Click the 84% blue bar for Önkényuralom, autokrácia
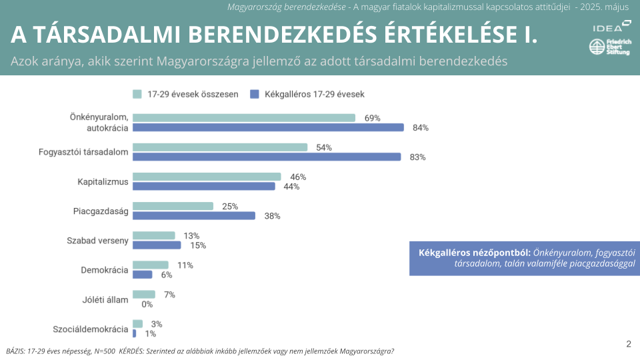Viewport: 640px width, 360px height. pyautogui.click(x=268, y=127)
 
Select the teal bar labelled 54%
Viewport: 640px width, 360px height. pyautogui.click(x=220, y=147)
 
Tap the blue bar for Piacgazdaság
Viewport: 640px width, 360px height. pyautogui.click(x=194, y=216)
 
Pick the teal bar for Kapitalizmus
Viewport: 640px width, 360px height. pyautogui.click(x=207, y=177)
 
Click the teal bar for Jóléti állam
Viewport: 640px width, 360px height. pyautogui.click(x=144, y=294)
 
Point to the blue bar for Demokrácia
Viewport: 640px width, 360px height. pyautogui.click(x=143, y=275)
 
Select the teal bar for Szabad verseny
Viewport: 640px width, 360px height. pyautogui.click(x=154, y=235)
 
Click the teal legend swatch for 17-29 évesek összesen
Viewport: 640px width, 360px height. pyautogui.click(x=137, y=94)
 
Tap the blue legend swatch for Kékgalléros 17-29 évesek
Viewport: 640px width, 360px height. pyautogui.click(x=254, y=94)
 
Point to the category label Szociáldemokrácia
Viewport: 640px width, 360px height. pyautogui.click(x=91, y=329)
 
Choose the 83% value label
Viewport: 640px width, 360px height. pyautogui.click(x=417, y=157)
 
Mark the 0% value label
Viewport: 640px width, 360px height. pyautogui.click(x=147, y=304)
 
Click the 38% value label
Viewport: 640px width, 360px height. pyautogui.click(x=272, y=216)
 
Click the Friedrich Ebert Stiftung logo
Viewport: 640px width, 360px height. pyautogui.click(x=609, y=48)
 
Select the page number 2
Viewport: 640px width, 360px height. pyautogui.click(x=628, y=344)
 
